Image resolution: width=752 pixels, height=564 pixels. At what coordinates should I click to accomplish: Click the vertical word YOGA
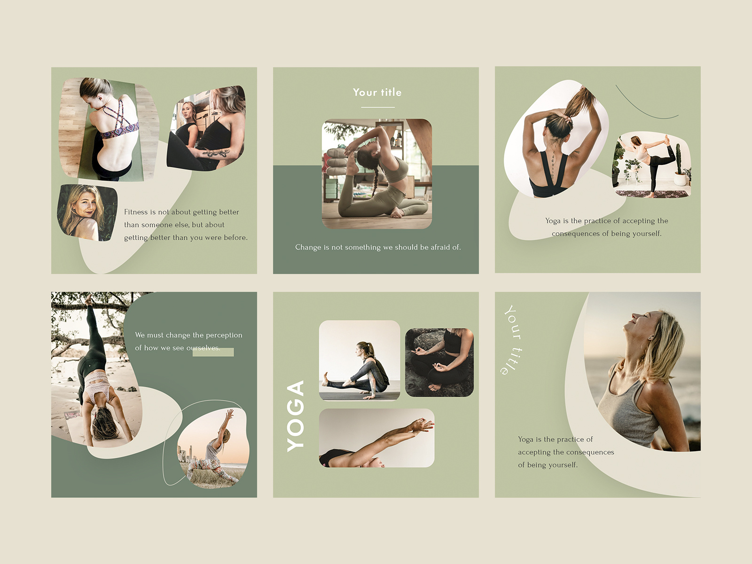click(x=296, y=416)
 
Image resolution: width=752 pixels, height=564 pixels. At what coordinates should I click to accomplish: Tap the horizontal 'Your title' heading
click(x=377, y=93)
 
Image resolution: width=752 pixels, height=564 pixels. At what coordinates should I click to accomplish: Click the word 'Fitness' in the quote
click(x=136, y=212)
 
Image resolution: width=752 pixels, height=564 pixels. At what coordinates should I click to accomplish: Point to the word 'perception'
click(x=224, y=335)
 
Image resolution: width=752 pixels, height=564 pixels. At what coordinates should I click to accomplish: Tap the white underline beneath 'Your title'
click(x=377, y=107)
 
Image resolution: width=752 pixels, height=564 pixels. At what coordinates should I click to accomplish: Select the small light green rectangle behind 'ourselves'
click(x=213, y=352)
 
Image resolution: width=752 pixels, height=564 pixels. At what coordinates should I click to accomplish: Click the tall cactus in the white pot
click(x=678, y=160)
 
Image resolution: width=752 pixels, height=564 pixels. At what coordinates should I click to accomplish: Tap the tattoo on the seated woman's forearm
click(x=217, y=153)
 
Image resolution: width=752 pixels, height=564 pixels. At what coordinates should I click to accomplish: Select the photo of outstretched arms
click(x=376, y=438)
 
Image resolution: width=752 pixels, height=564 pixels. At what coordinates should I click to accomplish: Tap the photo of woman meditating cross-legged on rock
click(x=439, y=362)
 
